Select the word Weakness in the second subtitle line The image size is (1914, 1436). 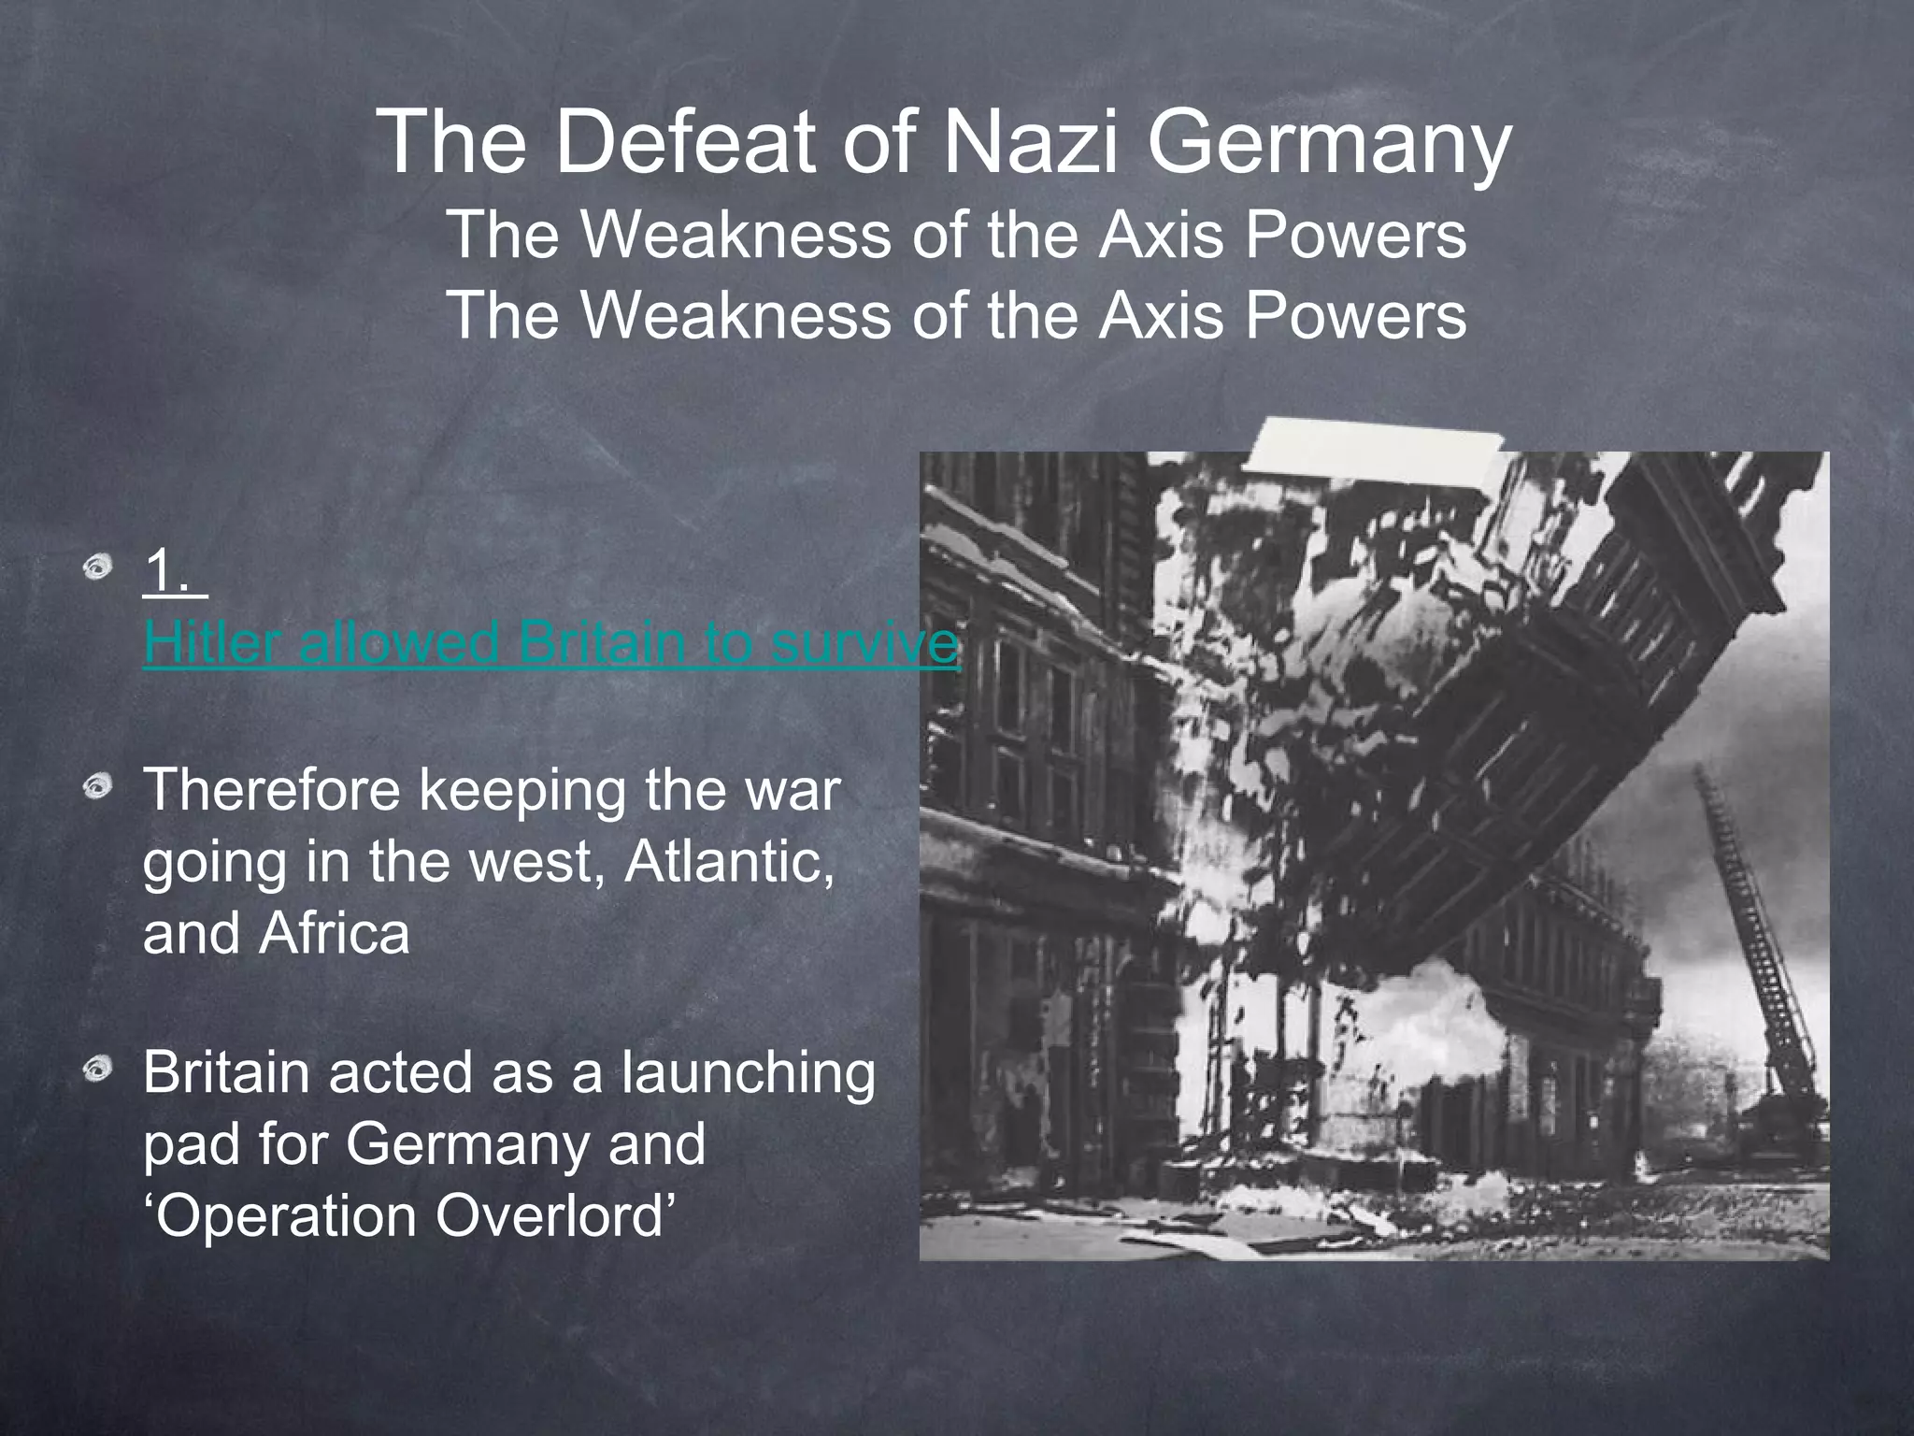736,315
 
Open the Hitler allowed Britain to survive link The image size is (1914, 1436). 551,643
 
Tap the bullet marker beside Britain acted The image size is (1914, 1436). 97,1069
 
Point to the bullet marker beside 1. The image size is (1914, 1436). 97,567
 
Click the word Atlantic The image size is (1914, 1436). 728,861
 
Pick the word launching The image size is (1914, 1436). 749,1072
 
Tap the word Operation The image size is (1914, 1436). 286,1217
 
